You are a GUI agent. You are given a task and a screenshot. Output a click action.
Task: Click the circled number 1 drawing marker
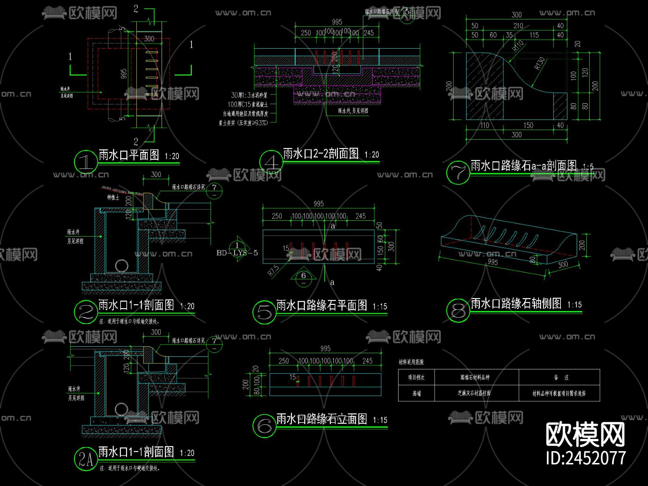point(86,161)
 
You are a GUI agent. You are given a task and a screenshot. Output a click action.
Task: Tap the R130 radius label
point(539,63)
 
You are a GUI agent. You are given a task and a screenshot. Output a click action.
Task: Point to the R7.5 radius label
point(273,270)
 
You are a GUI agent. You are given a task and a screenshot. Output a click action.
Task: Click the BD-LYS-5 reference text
point(237,253)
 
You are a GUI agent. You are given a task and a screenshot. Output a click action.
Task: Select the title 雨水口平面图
point(129,155)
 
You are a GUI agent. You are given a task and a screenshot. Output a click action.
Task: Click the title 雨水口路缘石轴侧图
point(516,303)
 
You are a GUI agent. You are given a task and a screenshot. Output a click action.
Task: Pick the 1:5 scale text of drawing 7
point(588,167)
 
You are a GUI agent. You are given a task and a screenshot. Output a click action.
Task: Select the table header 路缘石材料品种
point(475,377)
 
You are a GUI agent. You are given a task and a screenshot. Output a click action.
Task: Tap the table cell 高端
point(417,393)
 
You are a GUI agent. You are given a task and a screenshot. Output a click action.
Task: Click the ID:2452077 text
point(586,458)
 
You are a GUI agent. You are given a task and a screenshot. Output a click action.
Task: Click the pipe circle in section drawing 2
point(122,266)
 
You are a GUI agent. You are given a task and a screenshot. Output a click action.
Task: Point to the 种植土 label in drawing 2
point(113,197)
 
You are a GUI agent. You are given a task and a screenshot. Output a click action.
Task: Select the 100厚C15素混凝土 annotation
point(248,104)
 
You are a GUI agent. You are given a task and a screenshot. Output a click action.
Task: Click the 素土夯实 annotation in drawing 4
point(243,123)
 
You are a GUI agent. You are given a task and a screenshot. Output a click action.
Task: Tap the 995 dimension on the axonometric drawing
point(492,262)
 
